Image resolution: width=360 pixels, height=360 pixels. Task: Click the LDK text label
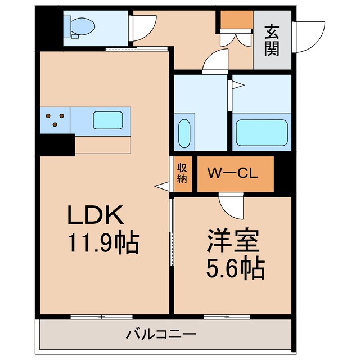(x=95, y=216)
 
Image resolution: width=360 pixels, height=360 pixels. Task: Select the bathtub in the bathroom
(x=259, y=132)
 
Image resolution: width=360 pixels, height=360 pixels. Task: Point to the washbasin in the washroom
(x=184, y=133)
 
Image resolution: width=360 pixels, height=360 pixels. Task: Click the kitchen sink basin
(x=107, y=120)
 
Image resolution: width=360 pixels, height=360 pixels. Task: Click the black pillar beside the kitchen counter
(x=57, y=143)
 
